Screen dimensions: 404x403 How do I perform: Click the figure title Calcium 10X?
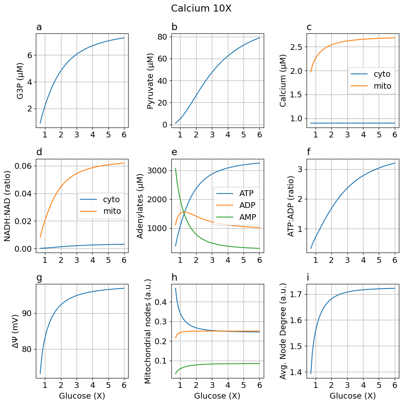[201, 8]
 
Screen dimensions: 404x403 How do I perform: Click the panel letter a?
[39, 28]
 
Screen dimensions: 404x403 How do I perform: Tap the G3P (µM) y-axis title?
[20, 80]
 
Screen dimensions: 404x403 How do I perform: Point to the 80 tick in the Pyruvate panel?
[162, 37]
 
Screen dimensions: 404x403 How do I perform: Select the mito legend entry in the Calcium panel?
[382, 86]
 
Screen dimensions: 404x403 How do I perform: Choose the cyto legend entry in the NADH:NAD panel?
[111, 200]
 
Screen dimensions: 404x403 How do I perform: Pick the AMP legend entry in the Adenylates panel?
[247, 217]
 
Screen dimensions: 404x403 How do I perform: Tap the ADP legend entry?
[247, 205]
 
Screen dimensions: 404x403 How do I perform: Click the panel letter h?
[174, 278]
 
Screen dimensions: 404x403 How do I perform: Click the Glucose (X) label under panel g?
[82, 396]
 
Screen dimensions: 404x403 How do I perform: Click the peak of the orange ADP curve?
[184, 212]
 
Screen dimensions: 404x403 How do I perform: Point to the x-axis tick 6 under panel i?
[394, 385]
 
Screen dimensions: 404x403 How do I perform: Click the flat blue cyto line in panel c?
[350, 123]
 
